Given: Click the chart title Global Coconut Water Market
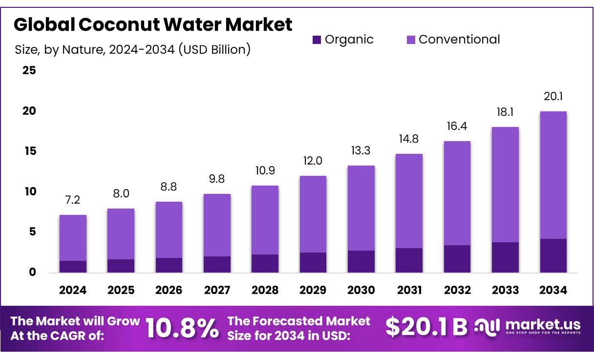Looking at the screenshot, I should [x=152, y=24].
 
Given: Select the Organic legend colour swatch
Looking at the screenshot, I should [x=317, y=40].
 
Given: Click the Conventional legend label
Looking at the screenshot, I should [x=459, y=40].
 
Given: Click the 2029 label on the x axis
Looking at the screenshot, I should [x=313, y=290].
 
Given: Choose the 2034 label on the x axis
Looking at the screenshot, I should [x=553, y=290].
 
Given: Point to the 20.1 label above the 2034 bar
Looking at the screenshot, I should [x=553, y=97].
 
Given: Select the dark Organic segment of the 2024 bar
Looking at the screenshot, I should [x=73, y=267].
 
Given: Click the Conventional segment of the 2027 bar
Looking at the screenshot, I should [x=217, y=225].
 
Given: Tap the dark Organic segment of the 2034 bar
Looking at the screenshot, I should [x=553, y=255].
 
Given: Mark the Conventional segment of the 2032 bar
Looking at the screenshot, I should [x=457, y=193].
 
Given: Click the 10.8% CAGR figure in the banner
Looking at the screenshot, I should [x=182, y=328].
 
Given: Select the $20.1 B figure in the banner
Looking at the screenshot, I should [x=426, y=327].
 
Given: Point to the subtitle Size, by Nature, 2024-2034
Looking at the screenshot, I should [x=132, y=50].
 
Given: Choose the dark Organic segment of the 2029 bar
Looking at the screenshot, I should [x=313, y=262].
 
